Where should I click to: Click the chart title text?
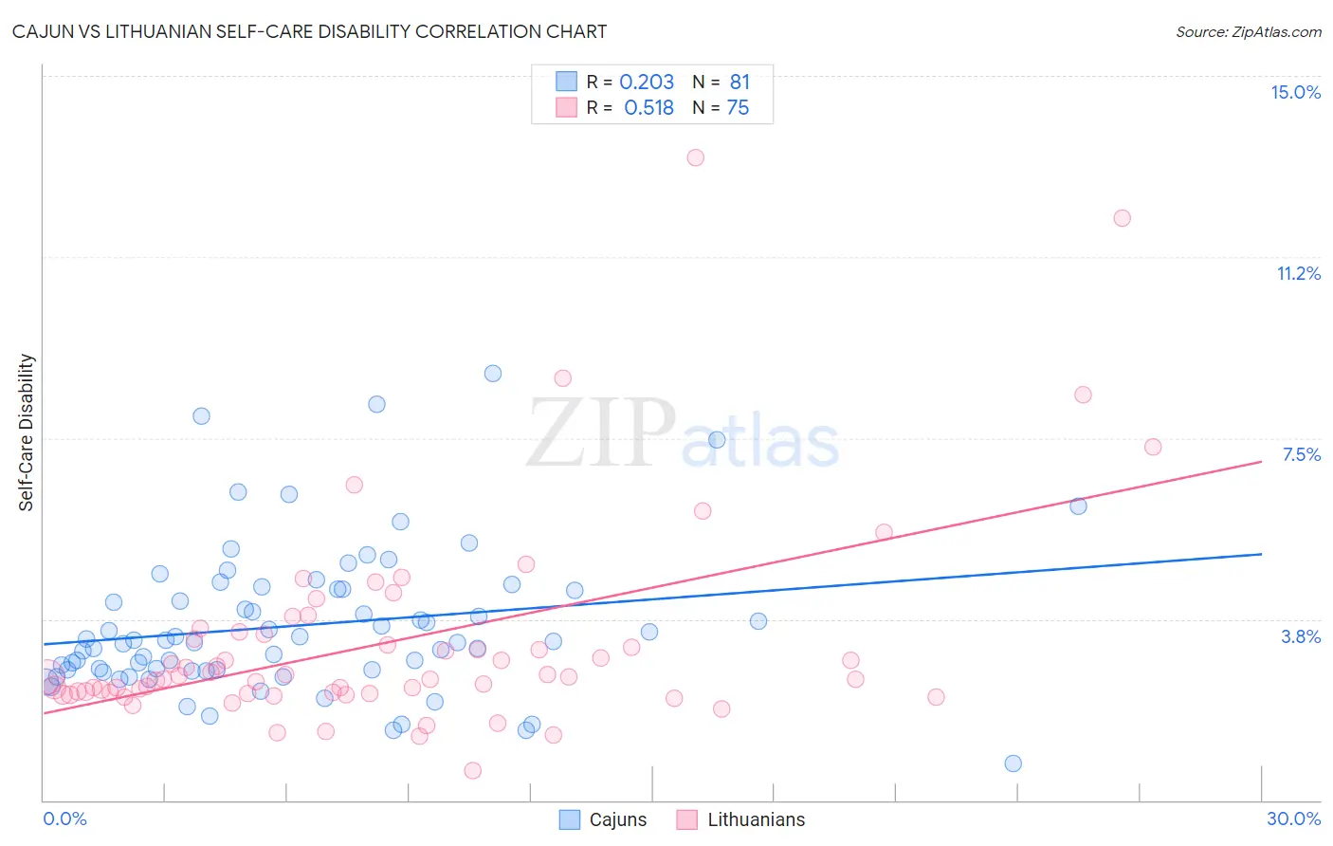pos(309,31)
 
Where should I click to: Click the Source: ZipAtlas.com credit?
pos(1248,31)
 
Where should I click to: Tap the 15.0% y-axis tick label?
pos(1295,92)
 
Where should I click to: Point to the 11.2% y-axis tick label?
pos(1298,273)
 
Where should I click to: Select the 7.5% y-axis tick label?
pos(1301,454)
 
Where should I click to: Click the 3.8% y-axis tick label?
pos(1301,636)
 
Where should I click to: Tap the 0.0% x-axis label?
pos(64,818)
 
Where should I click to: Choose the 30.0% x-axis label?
pos(1293,818)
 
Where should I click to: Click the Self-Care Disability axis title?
pos(27,432)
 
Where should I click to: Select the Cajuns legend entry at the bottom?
pos(603,819)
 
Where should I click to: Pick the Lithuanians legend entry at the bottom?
pos(740,819)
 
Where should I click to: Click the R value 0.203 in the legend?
pos(647,83)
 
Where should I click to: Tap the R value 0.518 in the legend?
pos(648,108)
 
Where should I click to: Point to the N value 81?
pos(740,83)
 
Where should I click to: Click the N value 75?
pos(738,108)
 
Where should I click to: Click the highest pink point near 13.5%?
pos(695,157)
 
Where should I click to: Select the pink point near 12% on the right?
pos(1122,218)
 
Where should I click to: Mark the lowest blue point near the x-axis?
pos(1013,763)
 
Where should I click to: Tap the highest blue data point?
pos(493,374)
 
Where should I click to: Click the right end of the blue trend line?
pos(1261,554)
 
